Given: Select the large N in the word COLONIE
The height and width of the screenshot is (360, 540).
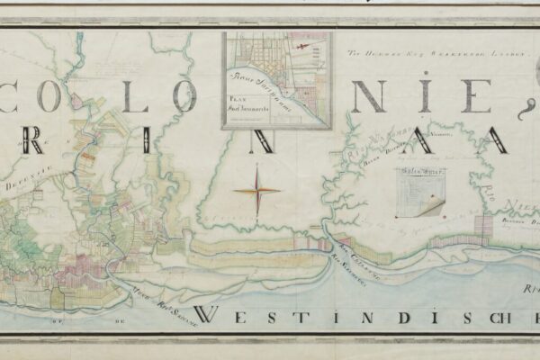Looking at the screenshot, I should coord(367,94).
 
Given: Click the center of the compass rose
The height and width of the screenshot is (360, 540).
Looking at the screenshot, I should coord(257,190).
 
